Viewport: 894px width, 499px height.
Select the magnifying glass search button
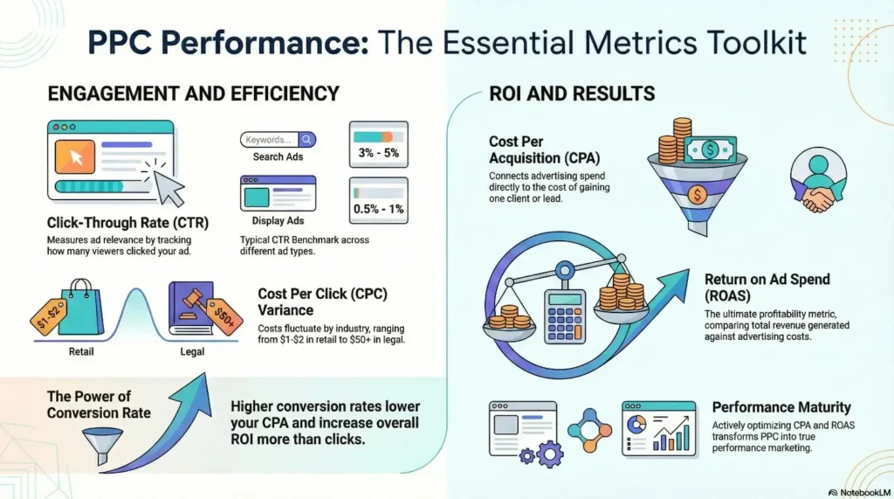(x=306, y=139)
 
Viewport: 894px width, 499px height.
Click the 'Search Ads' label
(x=278, y=156)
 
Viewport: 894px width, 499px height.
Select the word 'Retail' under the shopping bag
(x=81, y=352)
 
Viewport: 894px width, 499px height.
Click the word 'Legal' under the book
(x=192, y=352)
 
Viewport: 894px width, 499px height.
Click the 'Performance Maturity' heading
(x=781, y=407)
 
